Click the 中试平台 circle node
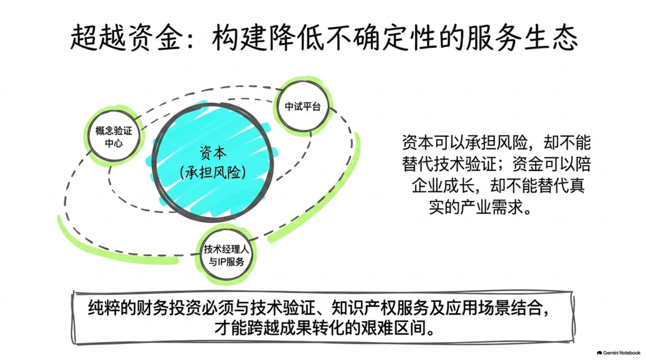(303, 106)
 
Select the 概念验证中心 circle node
(114, 136)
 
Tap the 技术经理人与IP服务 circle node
(226, 255)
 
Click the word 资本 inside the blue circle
(212, 153)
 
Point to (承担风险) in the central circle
(212, 172)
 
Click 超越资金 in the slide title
(126, 38)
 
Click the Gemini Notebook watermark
(618, 353)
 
